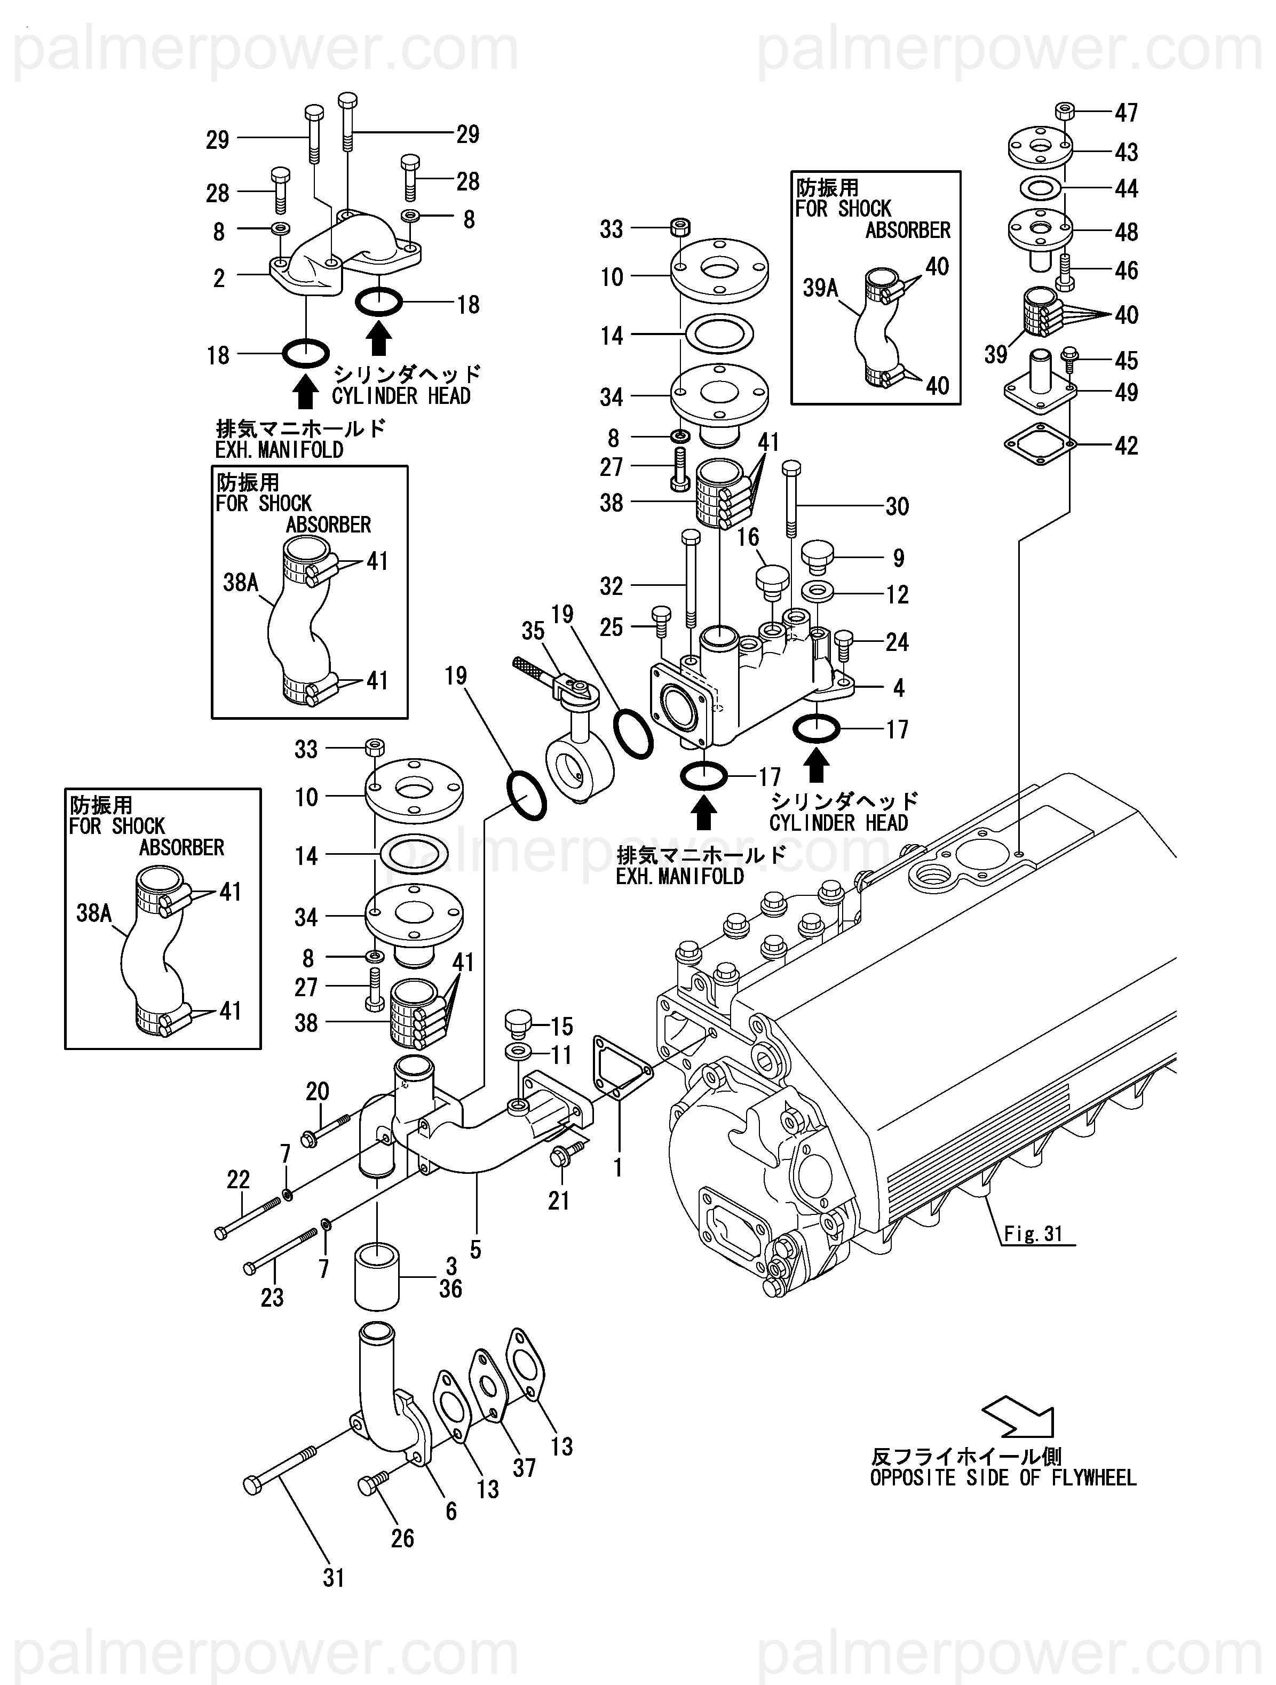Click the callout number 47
[x=1126, y=113]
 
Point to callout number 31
[x=334, y=1578]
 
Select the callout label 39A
[x=820, y=288]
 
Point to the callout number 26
[x=402, y=1538]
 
